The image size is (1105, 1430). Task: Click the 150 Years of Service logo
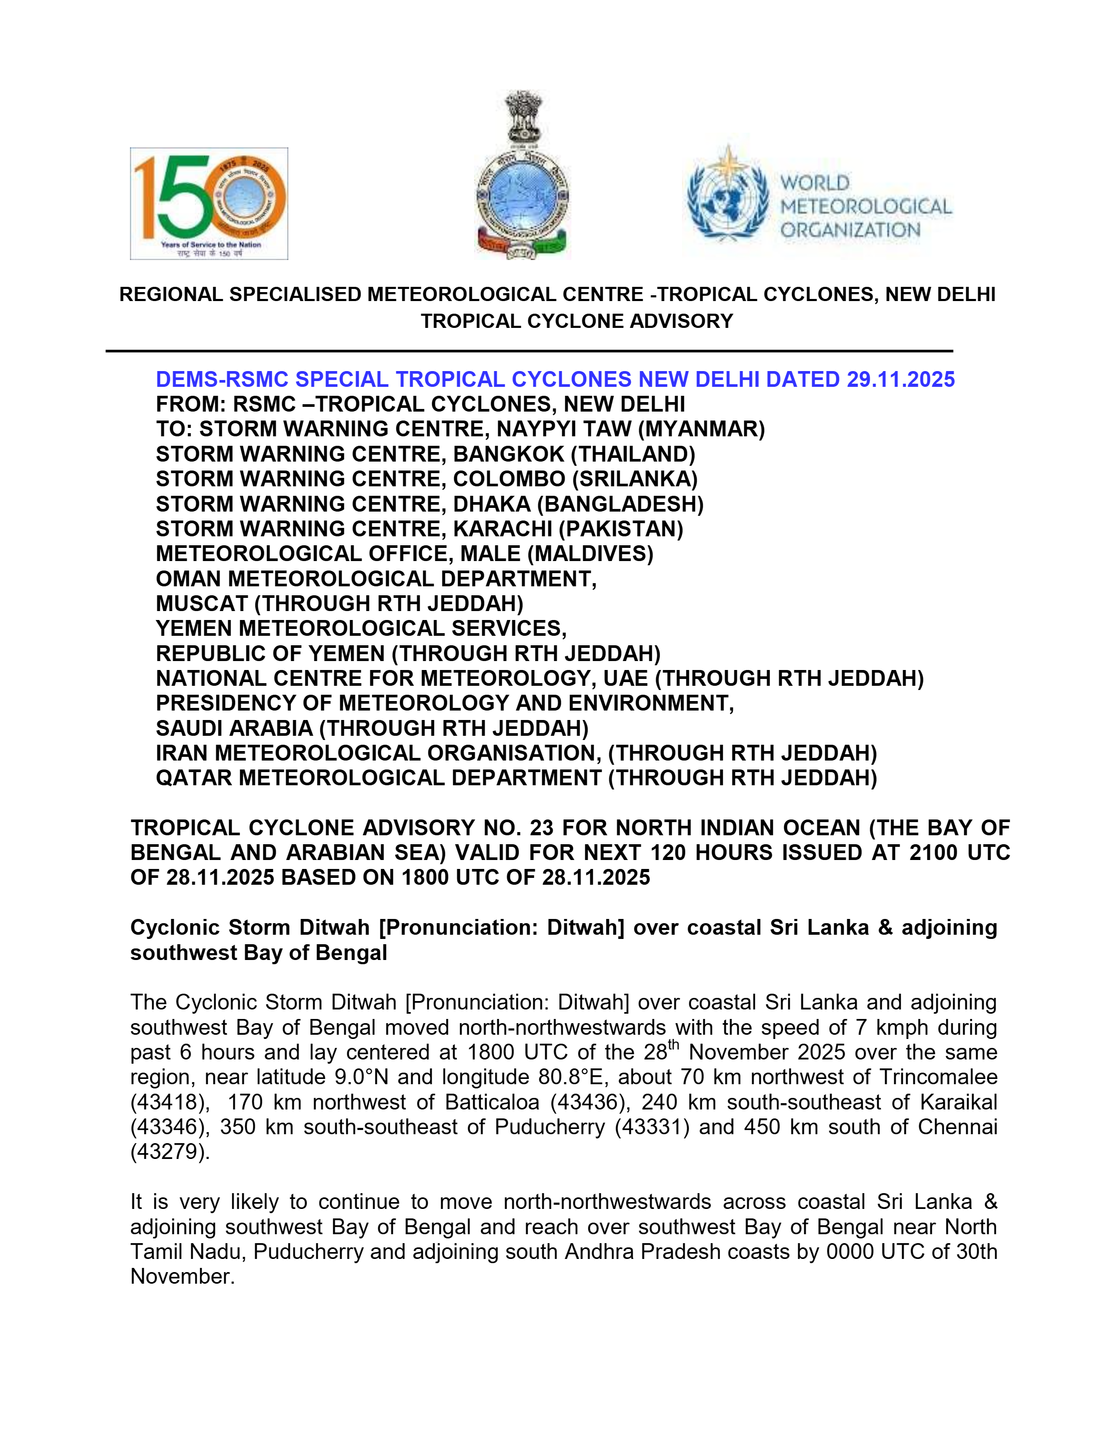tap(209, 203)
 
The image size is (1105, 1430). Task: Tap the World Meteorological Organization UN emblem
tap(727, 194)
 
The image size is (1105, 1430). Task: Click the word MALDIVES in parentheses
tap(591, 554)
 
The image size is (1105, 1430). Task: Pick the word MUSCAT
tap(202, 604)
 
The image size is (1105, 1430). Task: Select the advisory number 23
tap(541, 828)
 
